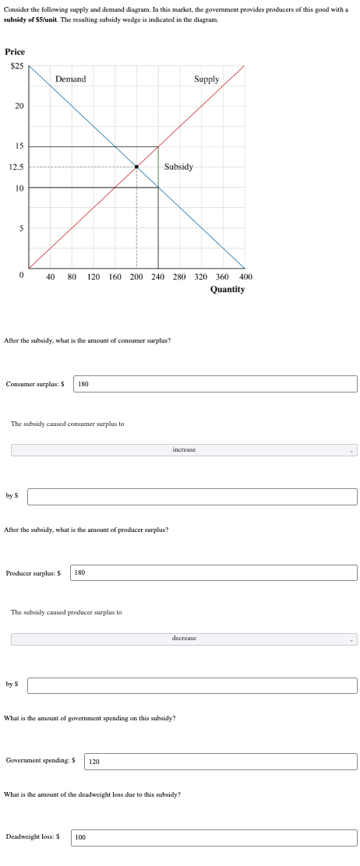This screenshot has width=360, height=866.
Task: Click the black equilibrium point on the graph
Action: (x=137, y=167)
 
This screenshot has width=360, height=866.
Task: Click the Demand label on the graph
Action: (x=70, y=79)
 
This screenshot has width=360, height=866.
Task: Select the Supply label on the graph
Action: (x=206, y=79)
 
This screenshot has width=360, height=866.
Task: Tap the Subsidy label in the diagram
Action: (x=178, y=167)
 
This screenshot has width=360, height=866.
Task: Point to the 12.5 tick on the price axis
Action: (x=16, y=167)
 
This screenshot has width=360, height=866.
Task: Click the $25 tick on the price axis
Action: (x=16, y=65)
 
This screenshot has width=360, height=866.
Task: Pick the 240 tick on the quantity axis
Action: (x=158, y=276)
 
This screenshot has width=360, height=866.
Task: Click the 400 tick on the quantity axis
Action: (x=246, y=276)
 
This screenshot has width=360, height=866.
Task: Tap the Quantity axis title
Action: (x=228, y=290)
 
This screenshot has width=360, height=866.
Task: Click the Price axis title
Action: (x=15, y=51)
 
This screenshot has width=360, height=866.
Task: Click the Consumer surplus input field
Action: (x=215, y=383)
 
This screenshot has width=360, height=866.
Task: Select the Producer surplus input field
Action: (x=214, y=572)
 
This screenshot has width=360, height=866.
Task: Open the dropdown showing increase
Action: (x=184, y=450)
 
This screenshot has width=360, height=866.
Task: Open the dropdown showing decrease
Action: (x=184, y=639)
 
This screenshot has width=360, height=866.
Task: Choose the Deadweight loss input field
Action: (x=214, y=837)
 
